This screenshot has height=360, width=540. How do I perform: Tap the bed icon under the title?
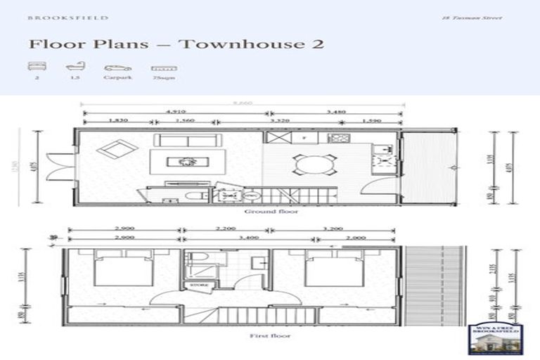(x=36, y=68)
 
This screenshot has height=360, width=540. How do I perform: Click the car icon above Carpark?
(x=117, y=68)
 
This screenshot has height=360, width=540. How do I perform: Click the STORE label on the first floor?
(x=196, y=285)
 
